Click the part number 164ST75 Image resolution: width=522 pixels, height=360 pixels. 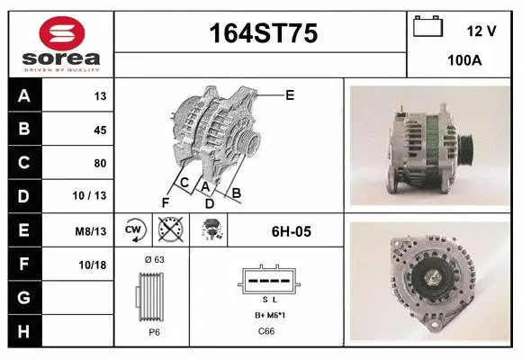(x=262, y=34)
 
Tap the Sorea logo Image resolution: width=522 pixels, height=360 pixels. (x=58, y=41)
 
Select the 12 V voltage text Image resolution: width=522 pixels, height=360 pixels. (x=481, y=31)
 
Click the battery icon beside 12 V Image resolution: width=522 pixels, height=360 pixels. (x=427, y=27)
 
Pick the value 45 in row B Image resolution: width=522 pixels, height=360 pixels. (x=100, y=130)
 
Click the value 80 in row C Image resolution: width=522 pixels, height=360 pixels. (x=100, y=164)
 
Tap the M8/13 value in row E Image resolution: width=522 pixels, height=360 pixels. (x=92, y=231)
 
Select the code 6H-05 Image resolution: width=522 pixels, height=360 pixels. (x=291, y=231)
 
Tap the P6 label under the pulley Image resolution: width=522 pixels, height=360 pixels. (x=154, y=331)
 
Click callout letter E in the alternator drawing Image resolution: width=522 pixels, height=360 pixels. (x=290, y=94)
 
